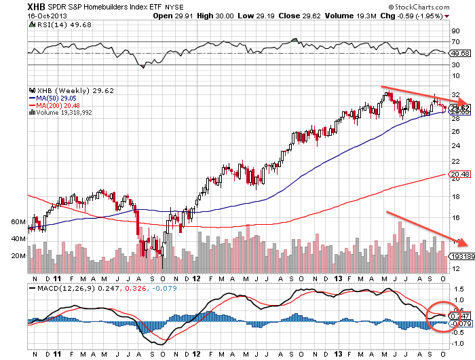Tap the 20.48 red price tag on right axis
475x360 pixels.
click(x=459, y=175)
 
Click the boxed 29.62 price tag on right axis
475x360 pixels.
click(x=459, y=108)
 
